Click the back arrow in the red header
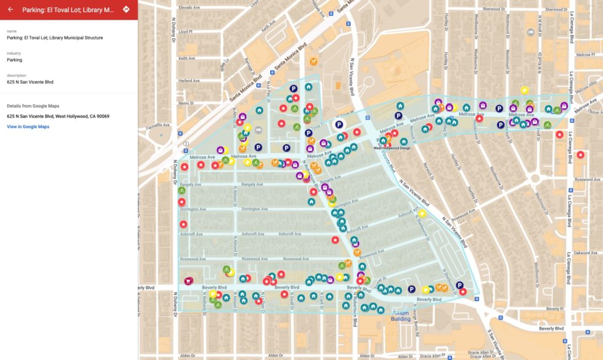click(x=10, y=9)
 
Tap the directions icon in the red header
click(x=126, y=9)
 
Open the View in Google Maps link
click(x=28, y=127)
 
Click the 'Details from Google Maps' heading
click(x=33, y=106)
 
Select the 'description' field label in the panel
click(x=17, y=75)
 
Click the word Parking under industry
click(x=15, y=60)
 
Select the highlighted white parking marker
click(x=338, y=124)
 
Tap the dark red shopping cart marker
click(x=188, y=281)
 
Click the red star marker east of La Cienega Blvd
click(x=580, y=154)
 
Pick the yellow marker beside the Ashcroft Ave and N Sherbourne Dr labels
click(x=422, y=214)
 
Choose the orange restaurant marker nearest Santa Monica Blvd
click(x=314, y=61)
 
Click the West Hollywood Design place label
click(x=393, y=148)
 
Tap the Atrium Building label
click(x=401, y=316)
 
